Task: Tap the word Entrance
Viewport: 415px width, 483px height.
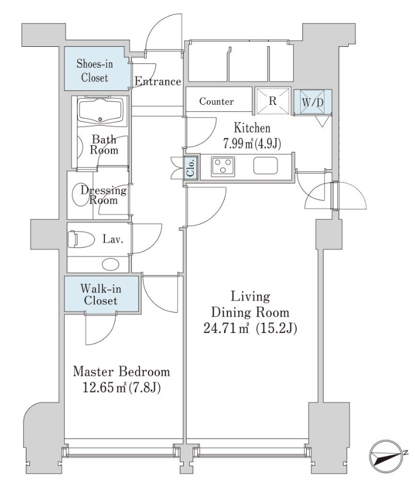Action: tap(158, 82)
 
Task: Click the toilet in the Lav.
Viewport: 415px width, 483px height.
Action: tap(77, 240)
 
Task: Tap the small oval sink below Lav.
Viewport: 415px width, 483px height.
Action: tap(111, 264)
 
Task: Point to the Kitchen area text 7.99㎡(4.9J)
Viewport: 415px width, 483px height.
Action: tap(252, 144)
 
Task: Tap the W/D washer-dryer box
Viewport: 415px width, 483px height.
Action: tap(312, 102)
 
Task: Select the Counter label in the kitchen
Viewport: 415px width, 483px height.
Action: tap(216, 101)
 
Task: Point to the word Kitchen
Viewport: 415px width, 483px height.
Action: tap(252, 128)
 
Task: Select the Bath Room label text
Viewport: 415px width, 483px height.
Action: tap(104, 144)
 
